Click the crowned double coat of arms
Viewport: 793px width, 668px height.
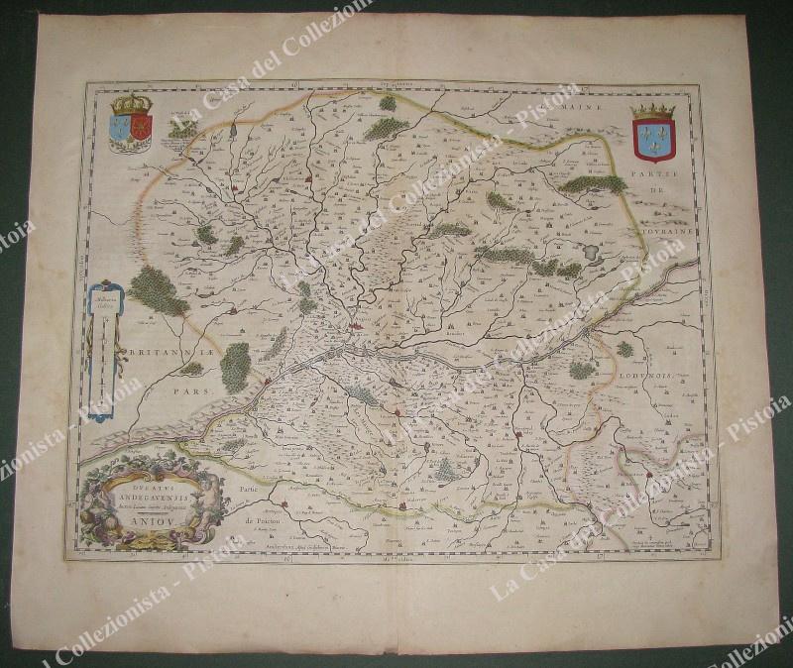click(x=130, y=126)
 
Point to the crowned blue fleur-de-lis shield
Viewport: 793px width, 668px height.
click(x=652, y=134)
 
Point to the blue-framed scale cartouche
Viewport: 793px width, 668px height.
click(x=102, y=346)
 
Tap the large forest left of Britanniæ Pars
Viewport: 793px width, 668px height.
click(x=157, y=290)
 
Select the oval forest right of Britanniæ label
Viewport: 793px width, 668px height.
click(x=235, y=367)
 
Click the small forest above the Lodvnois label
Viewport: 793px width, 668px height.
click(x=624, y=349)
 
